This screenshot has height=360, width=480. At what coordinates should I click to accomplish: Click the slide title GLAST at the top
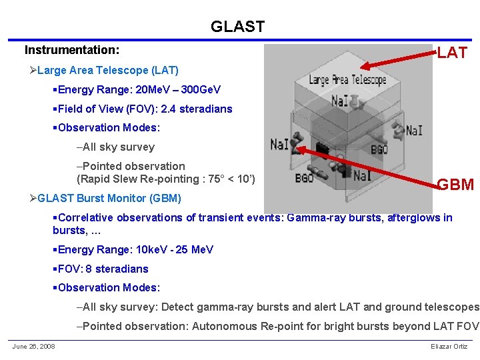(x=237, y=27)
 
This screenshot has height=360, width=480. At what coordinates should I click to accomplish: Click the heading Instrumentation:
(x=72, y=50)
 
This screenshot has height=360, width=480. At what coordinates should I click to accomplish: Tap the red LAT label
(x=452, y=53)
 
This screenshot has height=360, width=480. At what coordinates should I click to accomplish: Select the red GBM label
(x=455, y=185)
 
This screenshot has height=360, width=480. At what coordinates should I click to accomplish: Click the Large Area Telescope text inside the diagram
(x=347, y=79)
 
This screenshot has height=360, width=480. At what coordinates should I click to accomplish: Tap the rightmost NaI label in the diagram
(x=413, y=130)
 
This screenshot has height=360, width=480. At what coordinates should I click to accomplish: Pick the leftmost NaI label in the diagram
(x=280, y=143)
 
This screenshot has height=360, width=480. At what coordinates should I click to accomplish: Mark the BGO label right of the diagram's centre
(x=379, y=150)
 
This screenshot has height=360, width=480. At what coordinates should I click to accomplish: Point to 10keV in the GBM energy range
(x=152, y=249)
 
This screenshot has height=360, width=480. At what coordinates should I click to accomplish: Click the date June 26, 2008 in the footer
(x=33, y=346)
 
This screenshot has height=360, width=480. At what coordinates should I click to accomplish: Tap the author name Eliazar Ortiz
(x=450, y=346)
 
